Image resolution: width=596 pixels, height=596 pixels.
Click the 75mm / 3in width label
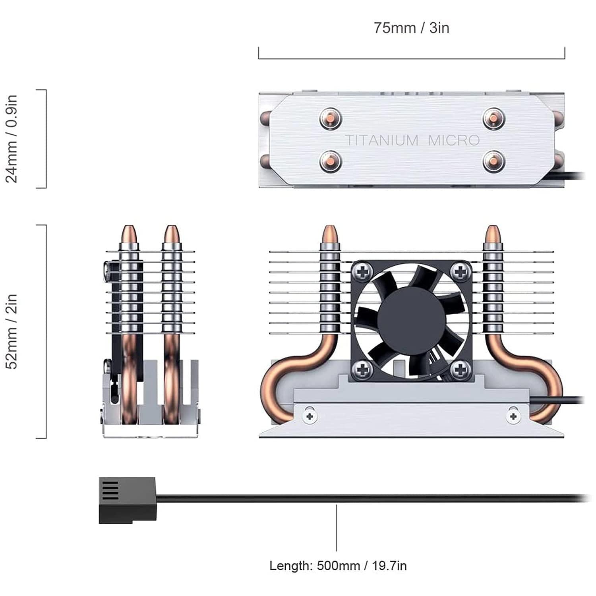point(411,28)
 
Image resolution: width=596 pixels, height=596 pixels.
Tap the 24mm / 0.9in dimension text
point(12,139)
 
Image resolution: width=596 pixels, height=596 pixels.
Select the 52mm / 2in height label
point(12,331)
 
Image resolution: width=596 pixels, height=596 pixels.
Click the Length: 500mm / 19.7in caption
point(338,565)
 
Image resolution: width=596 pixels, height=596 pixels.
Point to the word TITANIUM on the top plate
point(376,140)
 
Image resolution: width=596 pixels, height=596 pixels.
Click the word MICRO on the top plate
point(454,140)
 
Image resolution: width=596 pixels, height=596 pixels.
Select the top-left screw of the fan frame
point(362,272)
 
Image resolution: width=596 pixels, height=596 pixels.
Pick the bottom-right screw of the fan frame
point(461,370)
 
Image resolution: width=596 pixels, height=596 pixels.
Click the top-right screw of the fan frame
point(461,272)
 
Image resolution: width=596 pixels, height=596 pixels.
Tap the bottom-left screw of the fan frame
point(362,370)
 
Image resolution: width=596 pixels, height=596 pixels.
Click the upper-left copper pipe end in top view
point(331,118)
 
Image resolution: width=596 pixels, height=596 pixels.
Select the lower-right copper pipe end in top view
point(494,162)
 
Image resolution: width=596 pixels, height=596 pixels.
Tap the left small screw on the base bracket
point(310,416)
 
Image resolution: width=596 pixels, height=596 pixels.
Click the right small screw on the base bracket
point(513,416)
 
